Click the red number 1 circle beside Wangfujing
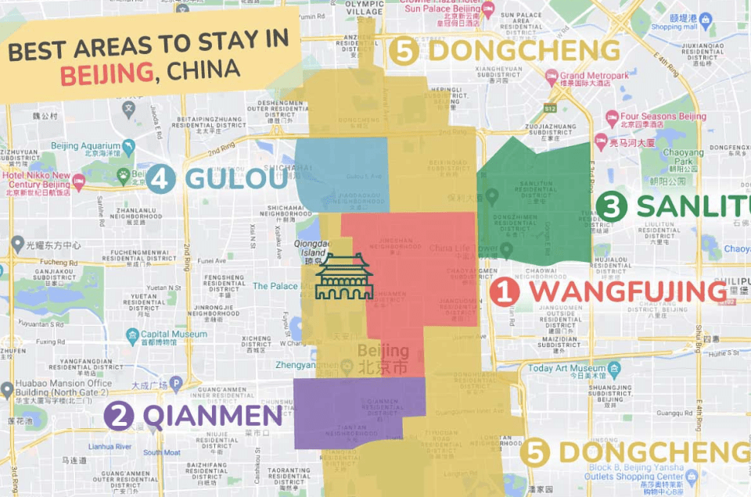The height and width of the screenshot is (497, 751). [x=505, y=292]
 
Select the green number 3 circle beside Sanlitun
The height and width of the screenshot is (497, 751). [x=611, y=206]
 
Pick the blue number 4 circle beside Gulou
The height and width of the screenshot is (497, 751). [x=160, y=178]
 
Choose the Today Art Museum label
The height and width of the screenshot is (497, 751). [x=567, y=367]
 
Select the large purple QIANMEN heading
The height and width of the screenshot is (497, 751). [x=210, y=415]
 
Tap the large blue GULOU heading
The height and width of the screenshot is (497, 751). [x=235, y=178]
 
